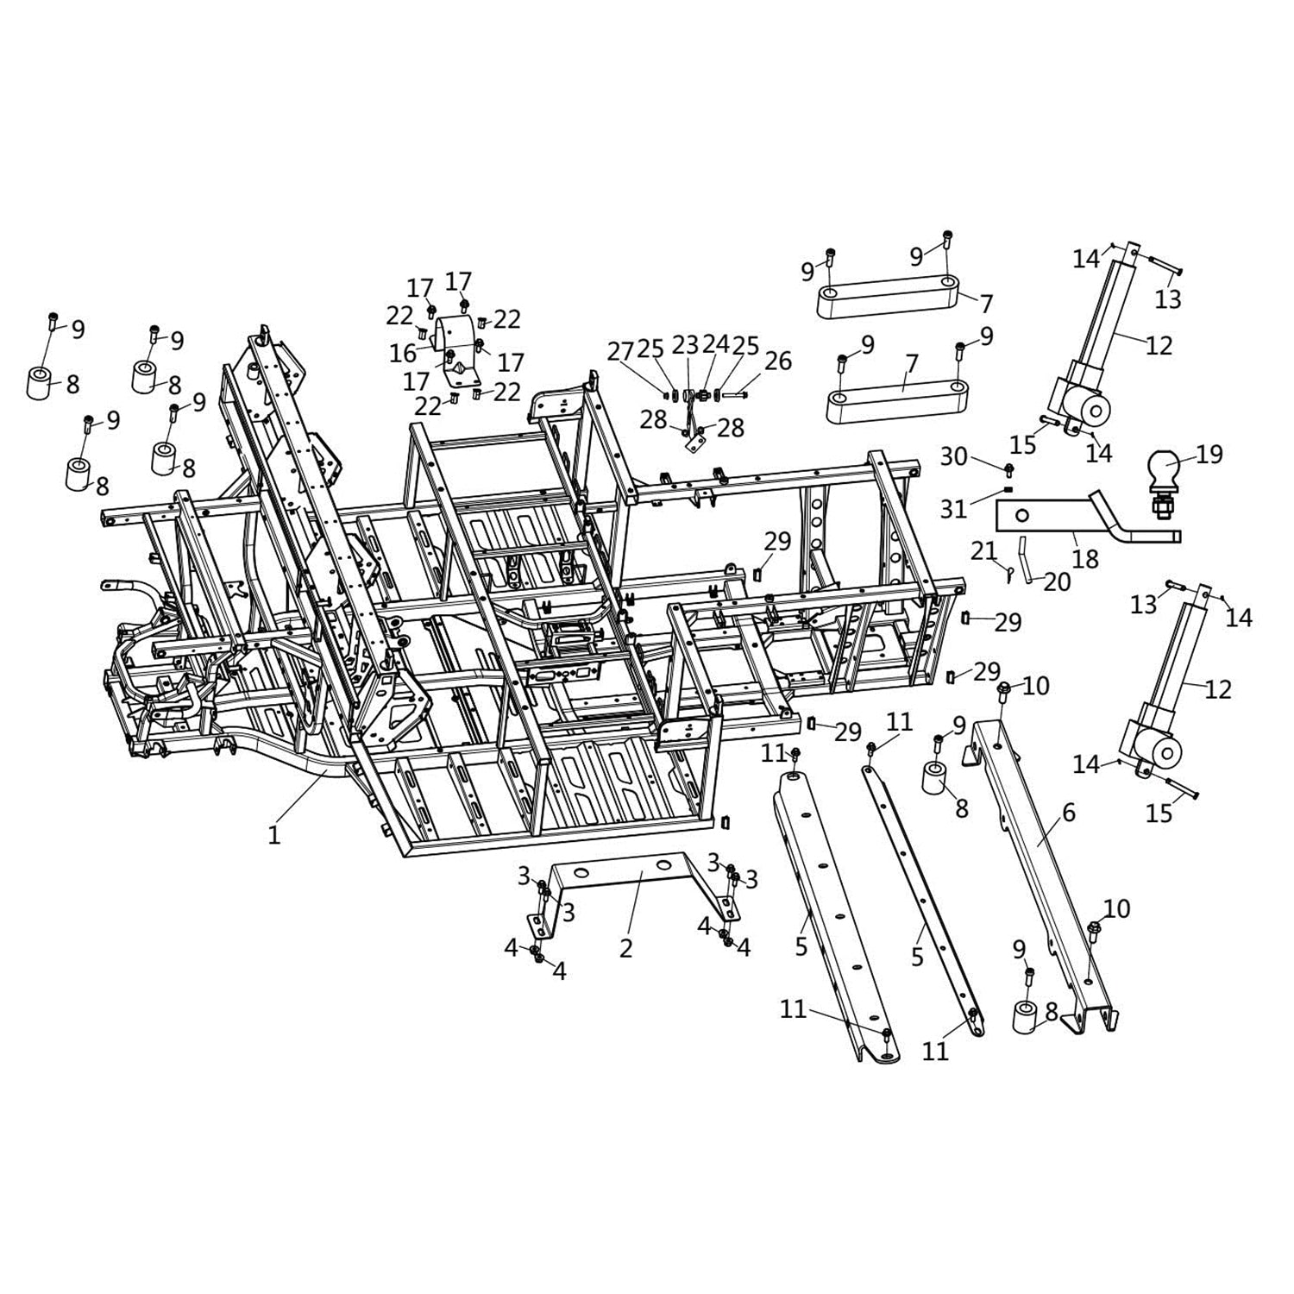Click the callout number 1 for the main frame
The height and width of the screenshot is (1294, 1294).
point(273,835)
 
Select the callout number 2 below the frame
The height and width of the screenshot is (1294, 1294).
point(626,947)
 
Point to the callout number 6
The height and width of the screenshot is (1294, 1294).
point(1068,813)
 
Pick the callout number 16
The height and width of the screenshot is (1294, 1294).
point(403,354)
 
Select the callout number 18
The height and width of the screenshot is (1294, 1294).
point(1084,559)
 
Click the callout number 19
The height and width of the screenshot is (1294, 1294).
point(1209,454)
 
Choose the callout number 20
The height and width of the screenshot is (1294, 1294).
point(1057,582)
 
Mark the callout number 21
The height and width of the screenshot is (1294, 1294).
point(983,550)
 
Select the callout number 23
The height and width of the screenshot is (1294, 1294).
point(685,345)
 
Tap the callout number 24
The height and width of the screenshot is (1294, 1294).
point(715,345)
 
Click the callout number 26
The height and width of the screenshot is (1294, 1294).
point(777,361)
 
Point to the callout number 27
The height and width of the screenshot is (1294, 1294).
point(620,351)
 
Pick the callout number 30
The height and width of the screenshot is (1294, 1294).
point(953,455)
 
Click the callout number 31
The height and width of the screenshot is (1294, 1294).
point(953,509)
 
